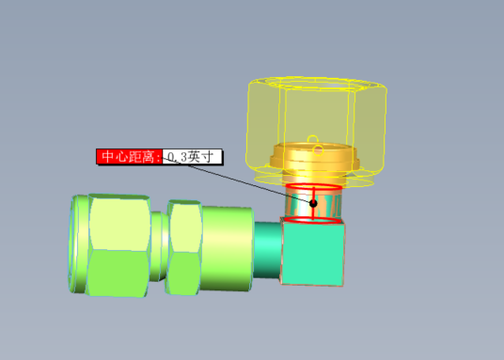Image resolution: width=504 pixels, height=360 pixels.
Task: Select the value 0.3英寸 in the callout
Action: point(194,156)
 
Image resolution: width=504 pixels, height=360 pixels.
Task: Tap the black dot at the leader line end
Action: point(314,203)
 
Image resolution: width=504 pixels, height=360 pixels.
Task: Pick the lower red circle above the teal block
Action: point(314,221)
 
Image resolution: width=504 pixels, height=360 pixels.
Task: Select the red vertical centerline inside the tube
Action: point(314,212)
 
